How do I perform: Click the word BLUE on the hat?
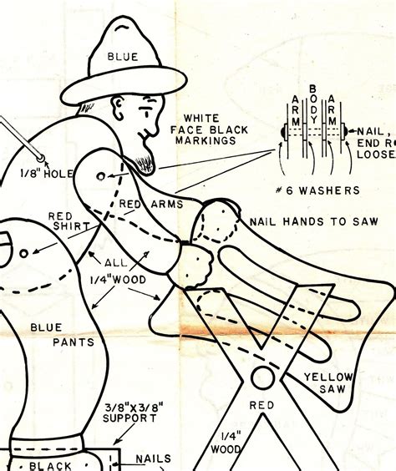pyautogui.click(x=123, y=57)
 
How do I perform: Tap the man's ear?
pyautogui.click(x=118, y=108)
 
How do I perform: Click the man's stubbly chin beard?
pyautogui.click(x=145, y=165)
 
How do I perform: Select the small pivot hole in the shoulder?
pyautogui.click(x=101, y=177)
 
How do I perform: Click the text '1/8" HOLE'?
pyautogui.click(x=47, y=174)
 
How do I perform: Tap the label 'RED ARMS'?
pyautogui.click(x=151, y=204)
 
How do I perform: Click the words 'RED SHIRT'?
pyautogui.click(x=69, y=221)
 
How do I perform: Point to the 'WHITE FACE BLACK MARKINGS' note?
pyautogui.click(x=209, y=129)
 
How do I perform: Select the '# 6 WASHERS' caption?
pyautogui.click(x=317, y=190)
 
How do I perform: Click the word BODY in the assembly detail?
pyautogui.click(x=313, y=104)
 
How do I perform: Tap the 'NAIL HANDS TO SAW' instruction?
pyautogui.click(x=314, y=221)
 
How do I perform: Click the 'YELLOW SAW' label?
pyautogui.click(x=328, y=383)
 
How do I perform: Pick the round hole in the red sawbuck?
pyautogui.click(x=262, y=377)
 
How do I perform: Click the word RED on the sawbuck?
pyautogui.click(x=261, y=405)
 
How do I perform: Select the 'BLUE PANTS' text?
pyautogui.click(x=62, y=335)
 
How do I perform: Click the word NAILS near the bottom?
pyautogui.click(x=153, y=458)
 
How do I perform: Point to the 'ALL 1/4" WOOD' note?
pyautogui.click(x=118, y=271)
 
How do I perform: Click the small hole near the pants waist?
pyautogui.click(x=24, y=254)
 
